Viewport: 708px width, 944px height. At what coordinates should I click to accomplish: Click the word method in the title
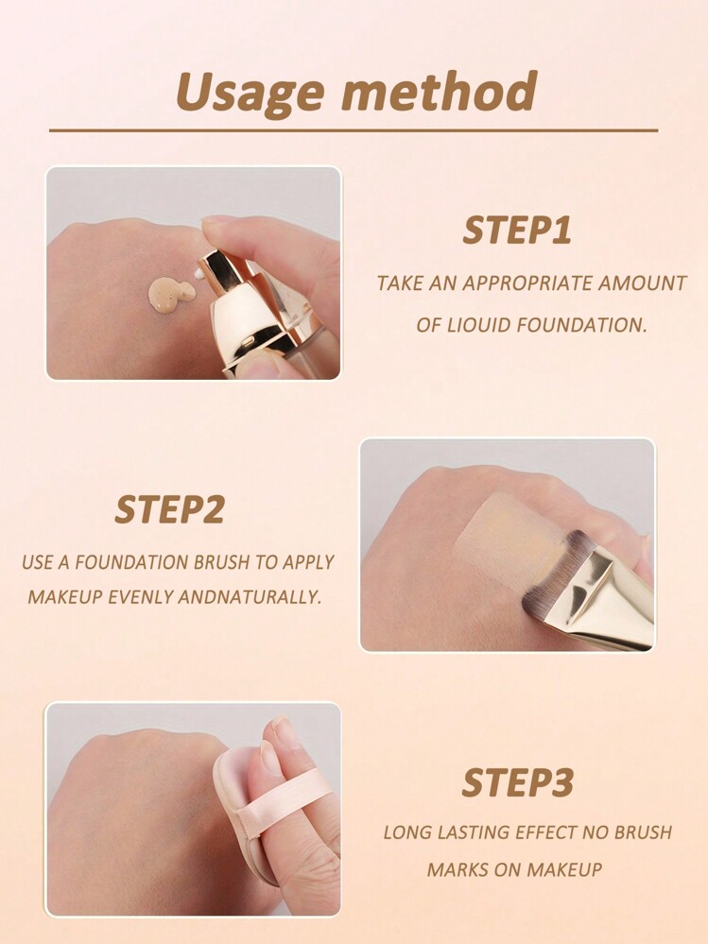click(440, 91)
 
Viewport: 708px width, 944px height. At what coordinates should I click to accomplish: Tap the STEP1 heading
click(517, 231)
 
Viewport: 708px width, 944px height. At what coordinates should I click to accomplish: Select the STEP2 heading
click(169, 509)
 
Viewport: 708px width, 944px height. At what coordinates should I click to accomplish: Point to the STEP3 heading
click(517, 782)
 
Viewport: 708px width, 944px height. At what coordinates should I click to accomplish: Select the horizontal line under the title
click(354, 130)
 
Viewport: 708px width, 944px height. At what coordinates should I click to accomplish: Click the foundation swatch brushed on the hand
click(506, 530)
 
